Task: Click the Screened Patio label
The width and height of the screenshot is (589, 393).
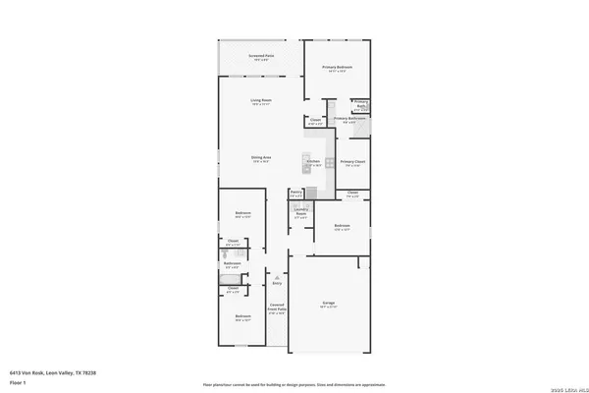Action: click(x=260, y=57)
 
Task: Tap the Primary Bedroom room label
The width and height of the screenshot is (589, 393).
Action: click(x=338, y=67)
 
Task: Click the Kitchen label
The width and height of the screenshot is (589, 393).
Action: click(x=314, y=162)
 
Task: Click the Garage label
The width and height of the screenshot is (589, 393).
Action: click(x=330, y=303)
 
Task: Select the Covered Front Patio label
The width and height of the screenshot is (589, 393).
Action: click(x=276, y=309)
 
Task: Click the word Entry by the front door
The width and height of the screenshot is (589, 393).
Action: click(x=291, y=284)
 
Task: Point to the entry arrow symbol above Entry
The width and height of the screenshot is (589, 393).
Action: click(x=291, y=276)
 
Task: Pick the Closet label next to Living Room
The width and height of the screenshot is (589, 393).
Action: click(x=314, y=123)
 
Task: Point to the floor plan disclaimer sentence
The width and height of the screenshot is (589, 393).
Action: click(x=294, y=384)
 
